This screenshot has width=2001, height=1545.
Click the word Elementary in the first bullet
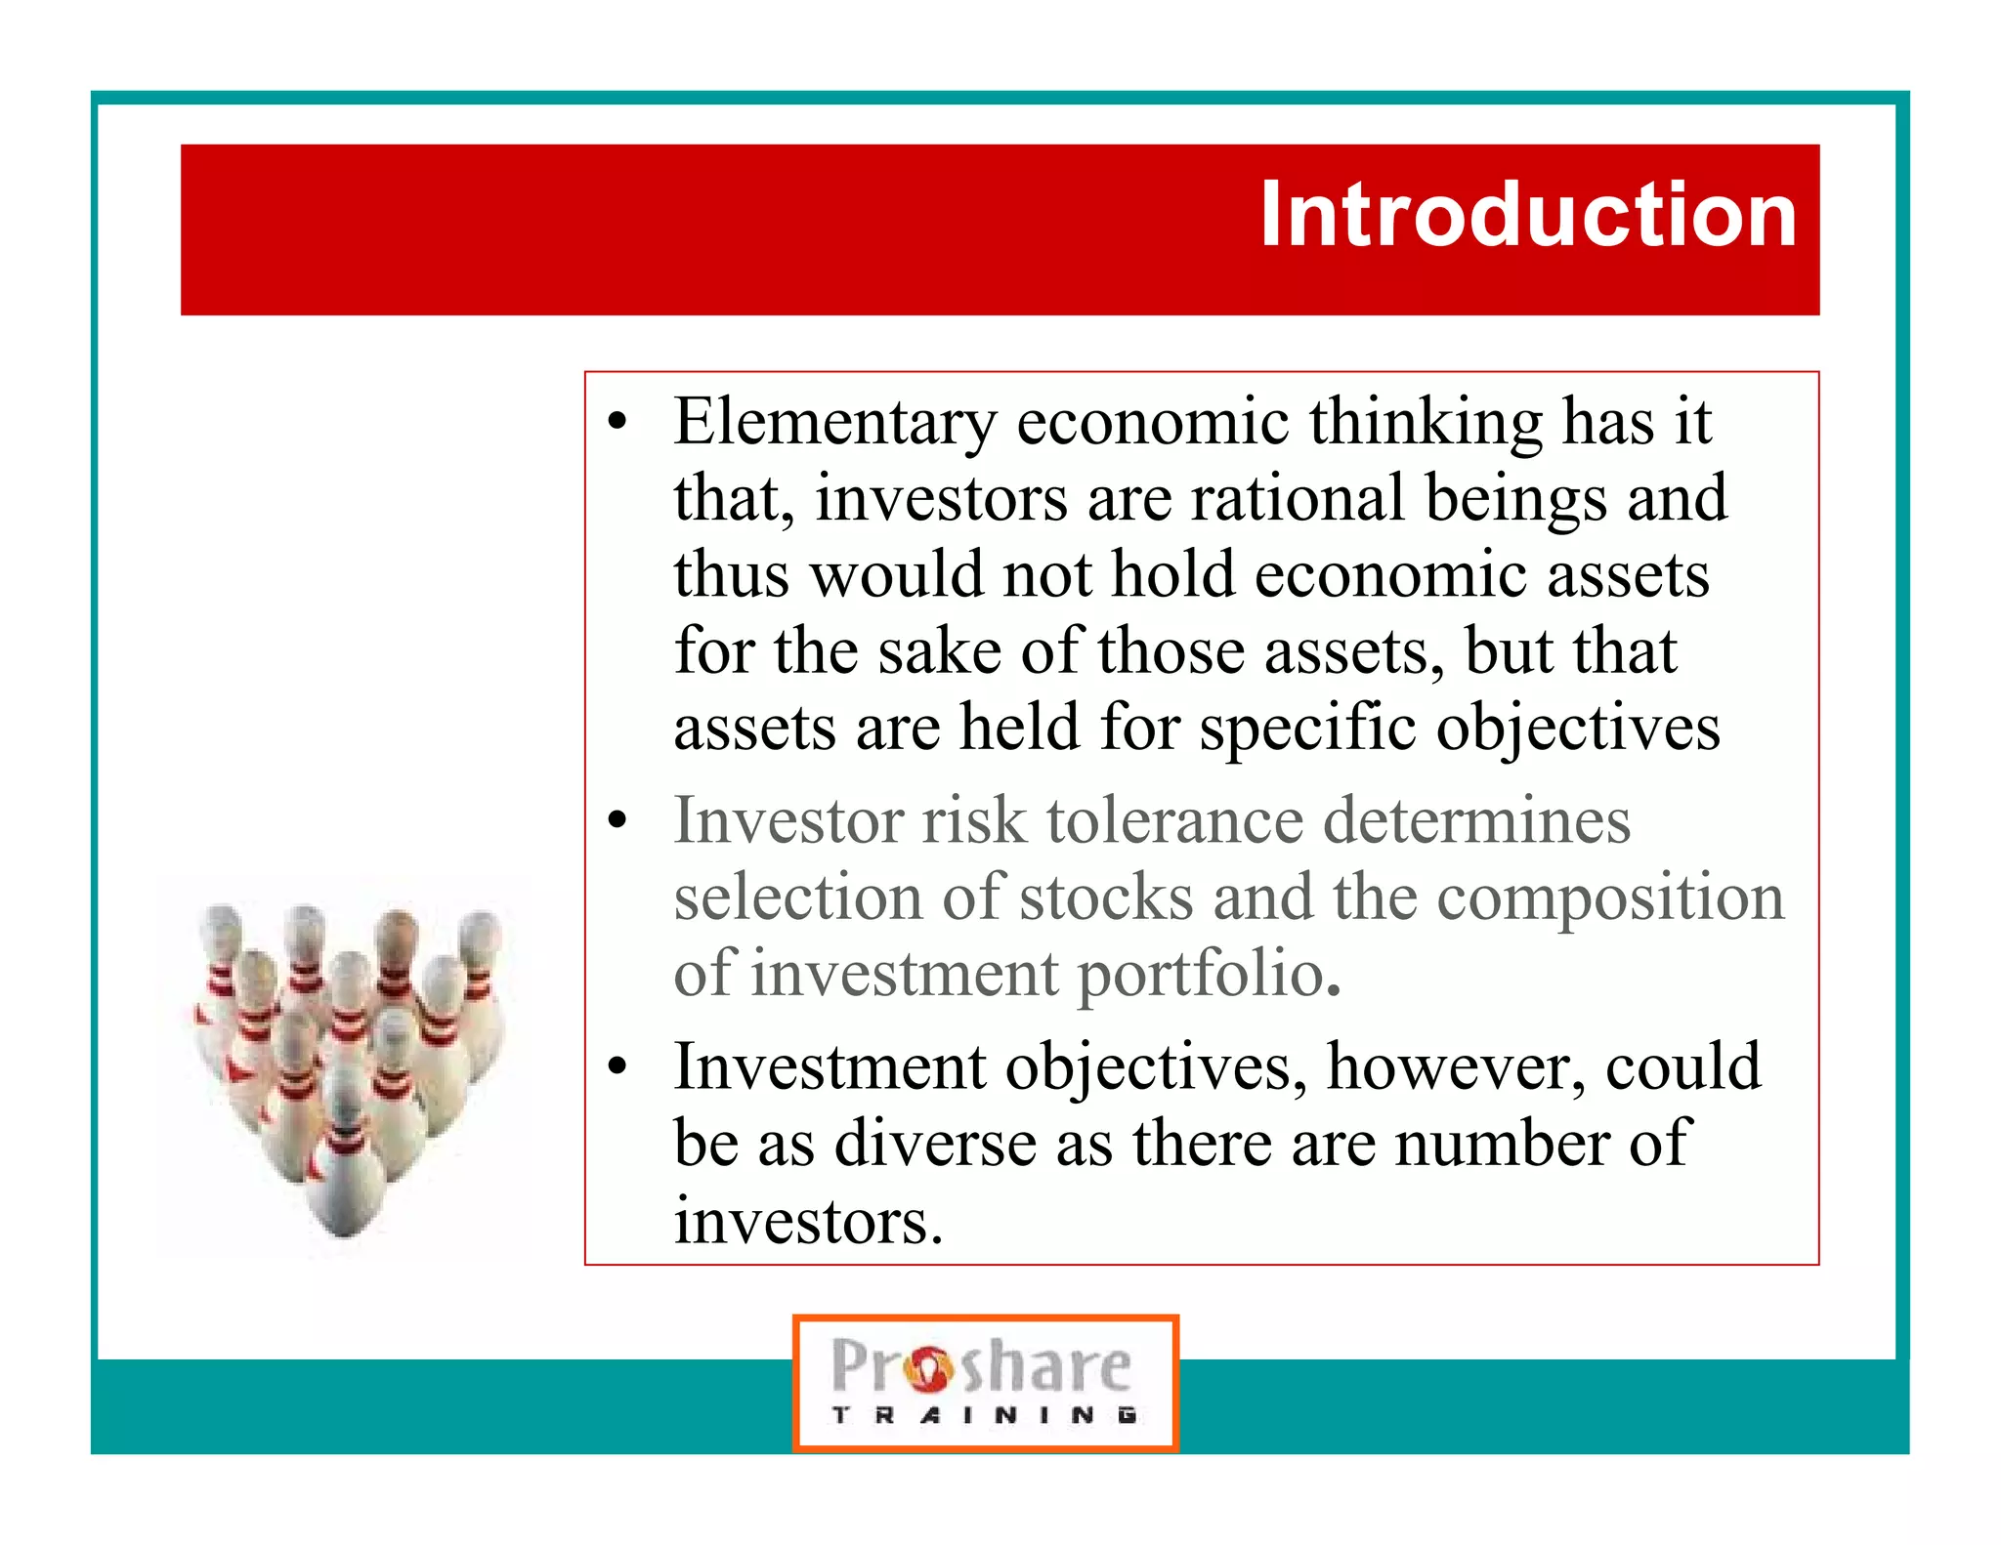click(834, 422)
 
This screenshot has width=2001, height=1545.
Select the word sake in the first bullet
click(939, 651)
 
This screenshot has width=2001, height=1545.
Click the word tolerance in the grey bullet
click(1174, 820)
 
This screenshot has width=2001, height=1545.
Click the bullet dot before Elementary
click(617, 423)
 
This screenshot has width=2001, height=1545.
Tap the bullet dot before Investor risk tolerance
click(617, 821)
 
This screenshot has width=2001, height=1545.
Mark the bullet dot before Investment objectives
click(617, 1067)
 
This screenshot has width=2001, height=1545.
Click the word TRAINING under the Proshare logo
click(984, 1415)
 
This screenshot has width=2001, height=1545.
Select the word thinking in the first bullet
click(1426, 422)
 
